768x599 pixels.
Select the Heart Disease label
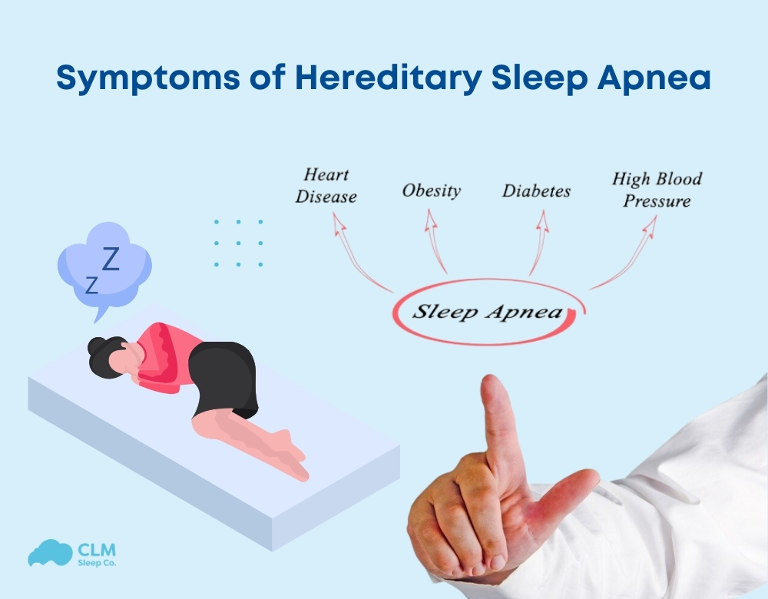[x=326, y=186]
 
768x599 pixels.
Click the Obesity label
[x=432, y=190]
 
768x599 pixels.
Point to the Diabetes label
[x=536, y=190]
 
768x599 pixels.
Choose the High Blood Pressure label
[x=657, y=190]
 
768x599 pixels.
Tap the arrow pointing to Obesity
[x=435, y=242]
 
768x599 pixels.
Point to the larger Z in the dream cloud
[x=111, y=260]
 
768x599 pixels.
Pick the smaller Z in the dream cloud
[x=91, y=286]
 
